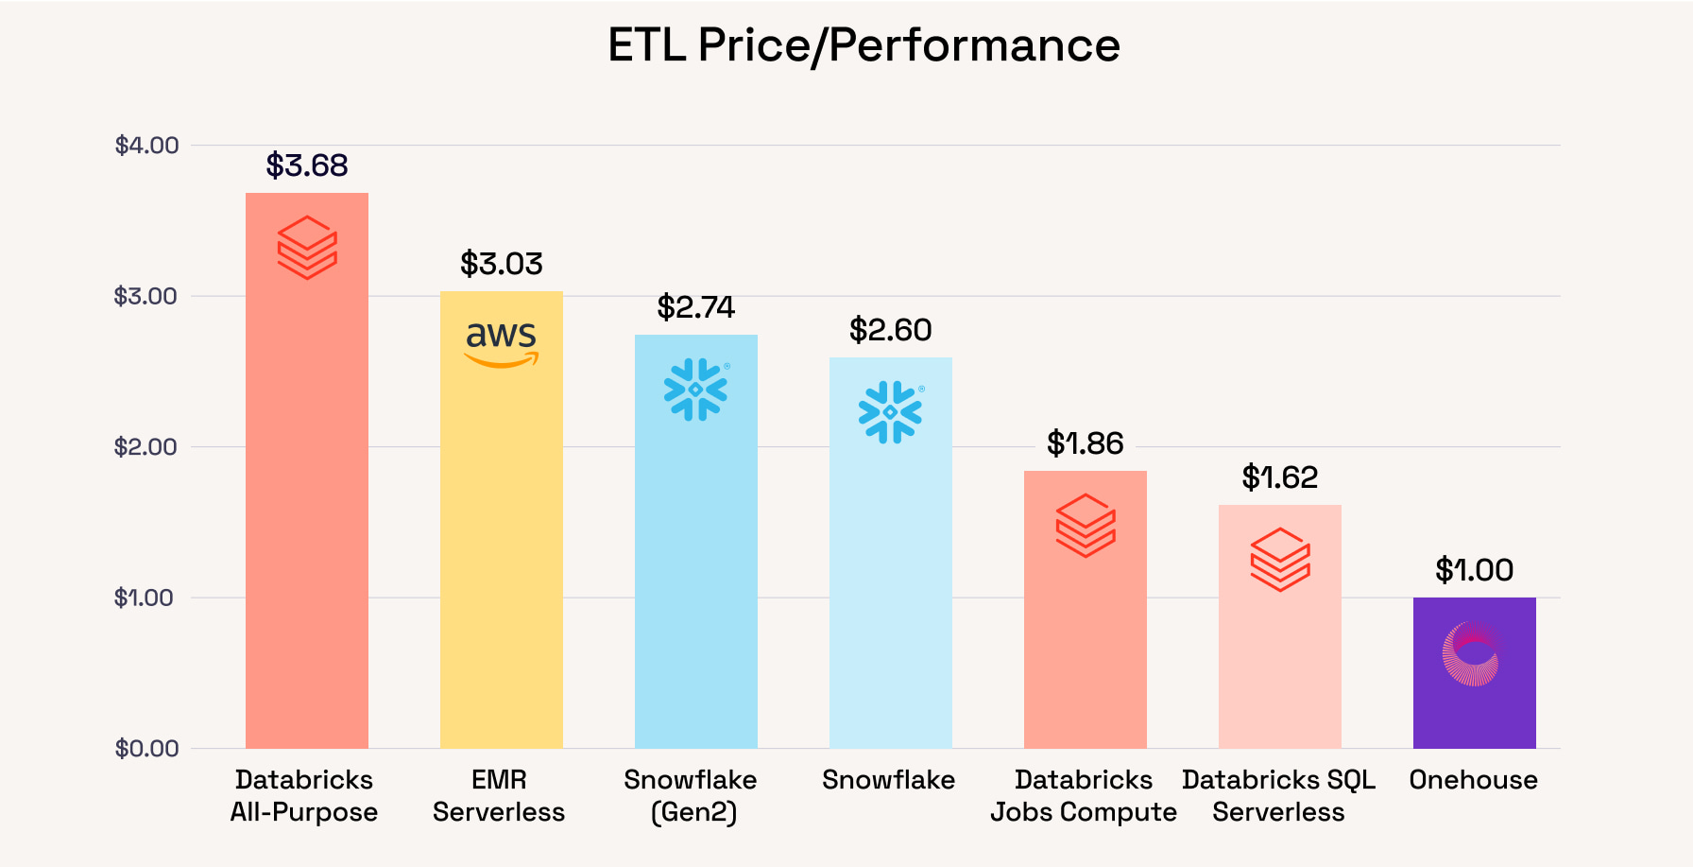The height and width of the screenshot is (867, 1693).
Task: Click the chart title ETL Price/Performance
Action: [x=864, y=45]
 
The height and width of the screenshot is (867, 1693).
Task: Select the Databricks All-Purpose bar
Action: [x=307, y=471]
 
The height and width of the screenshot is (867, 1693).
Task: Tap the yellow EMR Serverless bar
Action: [x=502, y=520]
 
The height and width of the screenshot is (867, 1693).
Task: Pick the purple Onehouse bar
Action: [x=1475, y=673]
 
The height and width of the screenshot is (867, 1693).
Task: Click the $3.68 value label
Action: [x=307, y=165]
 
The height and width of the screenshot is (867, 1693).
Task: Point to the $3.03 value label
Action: [x=502, y=264]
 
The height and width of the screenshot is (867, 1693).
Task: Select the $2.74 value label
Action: [x=696, y=307]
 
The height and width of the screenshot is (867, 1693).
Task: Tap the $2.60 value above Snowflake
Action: [x=891, y=330]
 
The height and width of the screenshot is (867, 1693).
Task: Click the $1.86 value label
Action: [x=1086, y=443]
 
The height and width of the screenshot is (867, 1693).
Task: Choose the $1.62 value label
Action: [x=1280, y=477]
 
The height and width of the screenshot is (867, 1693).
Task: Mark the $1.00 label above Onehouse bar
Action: [x=1475, y=570]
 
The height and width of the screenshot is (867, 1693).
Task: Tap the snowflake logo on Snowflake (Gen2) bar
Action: [x=696, y=390]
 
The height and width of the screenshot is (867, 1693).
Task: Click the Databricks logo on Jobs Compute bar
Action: [x=1086, y=526]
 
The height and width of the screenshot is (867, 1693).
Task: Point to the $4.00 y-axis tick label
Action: [x=146, y=146]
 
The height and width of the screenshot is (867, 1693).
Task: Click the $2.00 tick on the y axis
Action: [x=145, y=447]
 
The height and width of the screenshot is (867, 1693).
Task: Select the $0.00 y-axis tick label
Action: [x=146, y=749]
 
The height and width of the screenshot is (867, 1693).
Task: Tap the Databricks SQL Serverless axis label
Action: [x=1278, y=796]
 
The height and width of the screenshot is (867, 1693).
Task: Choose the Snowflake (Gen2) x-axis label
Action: [x=691, y=796]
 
